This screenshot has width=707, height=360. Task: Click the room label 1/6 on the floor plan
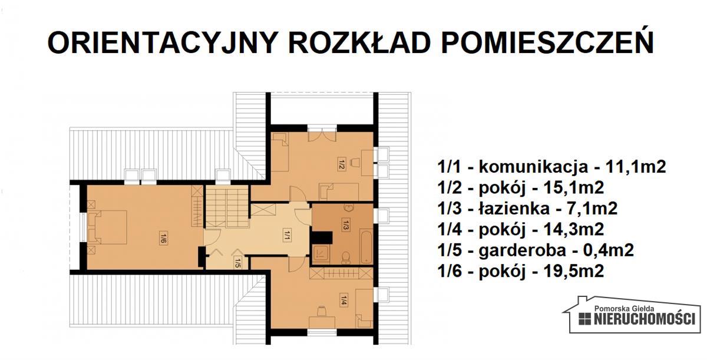click(x=163, y=238)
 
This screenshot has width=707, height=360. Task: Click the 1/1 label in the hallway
click(x=286, y=236)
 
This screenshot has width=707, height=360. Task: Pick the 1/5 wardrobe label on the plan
click(x=237, y=261)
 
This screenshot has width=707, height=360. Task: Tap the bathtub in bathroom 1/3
click(x=366, y=245)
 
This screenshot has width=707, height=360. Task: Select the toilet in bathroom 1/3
click(x=346, y=256)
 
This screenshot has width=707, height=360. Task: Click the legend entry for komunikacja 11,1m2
click(x=551, y=167)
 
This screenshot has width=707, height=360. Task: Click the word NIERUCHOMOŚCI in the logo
click(x=645, y=319)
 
